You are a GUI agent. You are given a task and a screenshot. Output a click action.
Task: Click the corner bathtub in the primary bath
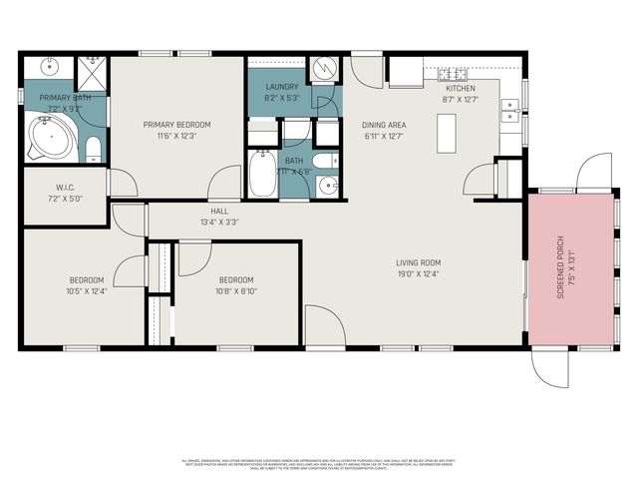coord(46,138)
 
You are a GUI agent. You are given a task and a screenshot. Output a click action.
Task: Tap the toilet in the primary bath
coord(93,150)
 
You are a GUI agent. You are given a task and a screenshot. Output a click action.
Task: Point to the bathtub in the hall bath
coord(263,174)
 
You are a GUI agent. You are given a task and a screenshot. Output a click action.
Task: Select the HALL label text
coord(218,212)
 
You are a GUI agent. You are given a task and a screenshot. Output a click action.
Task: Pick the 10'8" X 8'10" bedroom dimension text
coord(235,291)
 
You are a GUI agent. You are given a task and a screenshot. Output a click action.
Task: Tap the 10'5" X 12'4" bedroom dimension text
coord(86,291)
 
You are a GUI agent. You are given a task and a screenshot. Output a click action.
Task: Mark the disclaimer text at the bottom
coord(319,464)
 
